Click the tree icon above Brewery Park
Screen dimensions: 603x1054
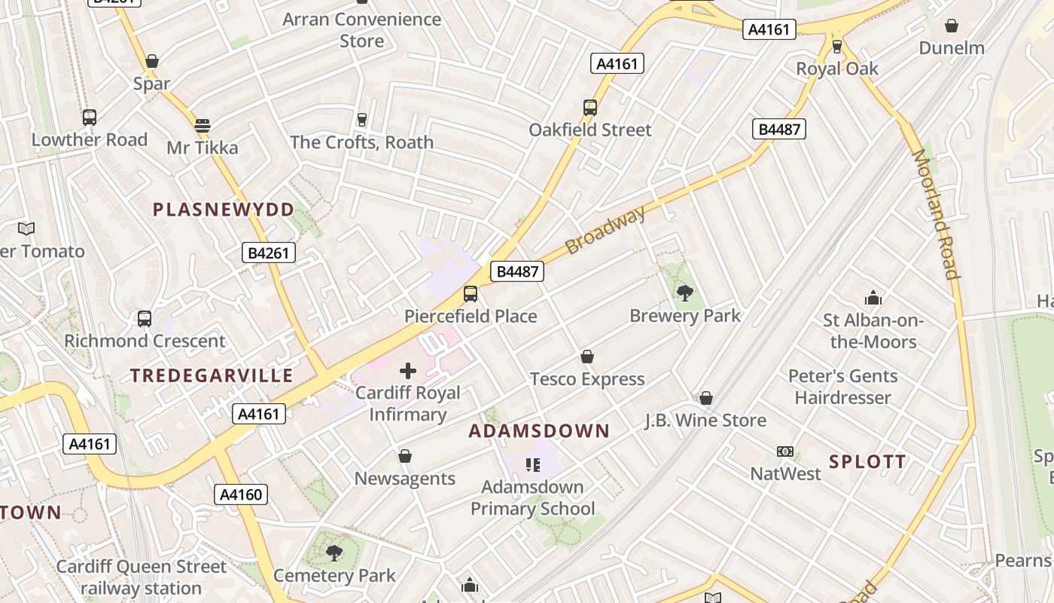click(x=685, y=293)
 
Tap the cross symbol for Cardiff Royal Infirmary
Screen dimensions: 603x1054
click(x=408, y=370)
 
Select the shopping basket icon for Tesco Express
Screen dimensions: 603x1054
click(x=587, y=357)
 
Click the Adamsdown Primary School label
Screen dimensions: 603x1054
click(x=532, y=497)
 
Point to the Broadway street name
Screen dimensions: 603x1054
click(x=605, y=230)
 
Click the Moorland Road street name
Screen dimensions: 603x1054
click(x=937, y=214)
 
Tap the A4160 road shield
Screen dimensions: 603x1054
click(x=241, y=494)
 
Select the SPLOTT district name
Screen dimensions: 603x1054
click(x=867, y=462)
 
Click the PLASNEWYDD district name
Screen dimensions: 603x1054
click(x=224, y=210)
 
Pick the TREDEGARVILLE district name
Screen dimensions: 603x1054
click(x=212, y=375)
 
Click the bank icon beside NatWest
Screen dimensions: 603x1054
click(x=785, y=451)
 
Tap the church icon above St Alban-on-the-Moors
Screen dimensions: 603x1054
click(x=873, y=298)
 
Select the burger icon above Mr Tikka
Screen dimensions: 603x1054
click(x=202, y=125)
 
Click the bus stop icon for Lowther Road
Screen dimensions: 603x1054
click(x=90, y=118)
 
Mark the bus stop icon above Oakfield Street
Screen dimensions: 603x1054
click(x=590, y=108)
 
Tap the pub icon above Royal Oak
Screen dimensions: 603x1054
click(x=837, y=47)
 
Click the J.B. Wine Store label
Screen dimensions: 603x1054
click(x=705, y=420)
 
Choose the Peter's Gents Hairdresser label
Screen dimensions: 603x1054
click(x=842, y=387)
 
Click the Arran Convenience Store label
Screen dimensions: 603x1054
click(x=362, y=29)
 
